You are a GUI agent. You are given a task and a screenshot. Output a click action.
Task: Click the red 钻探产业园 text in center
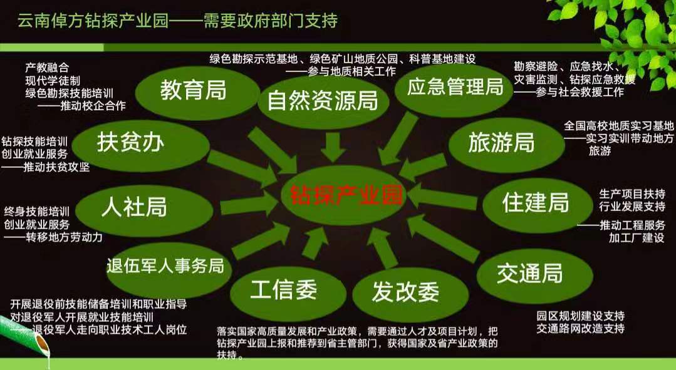pyautogui.click(x=346, y=195)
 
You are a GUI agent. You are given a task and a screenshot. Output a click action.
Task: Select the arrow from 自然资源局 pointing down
pyautogui.click(x=333, y=147)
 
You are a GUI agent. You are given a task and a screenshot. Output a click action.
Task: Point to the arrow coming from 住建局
pyautogui.click(x=442, y=197)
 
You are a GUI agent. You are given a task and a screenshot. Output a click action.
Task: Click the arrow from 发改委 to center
pyautogui.click(x=383, y=249)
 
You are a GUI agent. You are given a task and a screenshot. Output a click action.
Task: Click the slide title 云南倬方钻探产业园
pyautogui.click(x=93, y=20)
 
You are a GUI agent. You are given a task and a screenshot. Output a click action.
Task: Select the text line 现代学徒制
pyautogui.click(x=53, y=81)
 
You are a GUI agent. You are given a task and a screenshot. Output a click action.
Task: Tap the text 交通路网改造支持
pyautogui.click(x=580, y=329)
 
